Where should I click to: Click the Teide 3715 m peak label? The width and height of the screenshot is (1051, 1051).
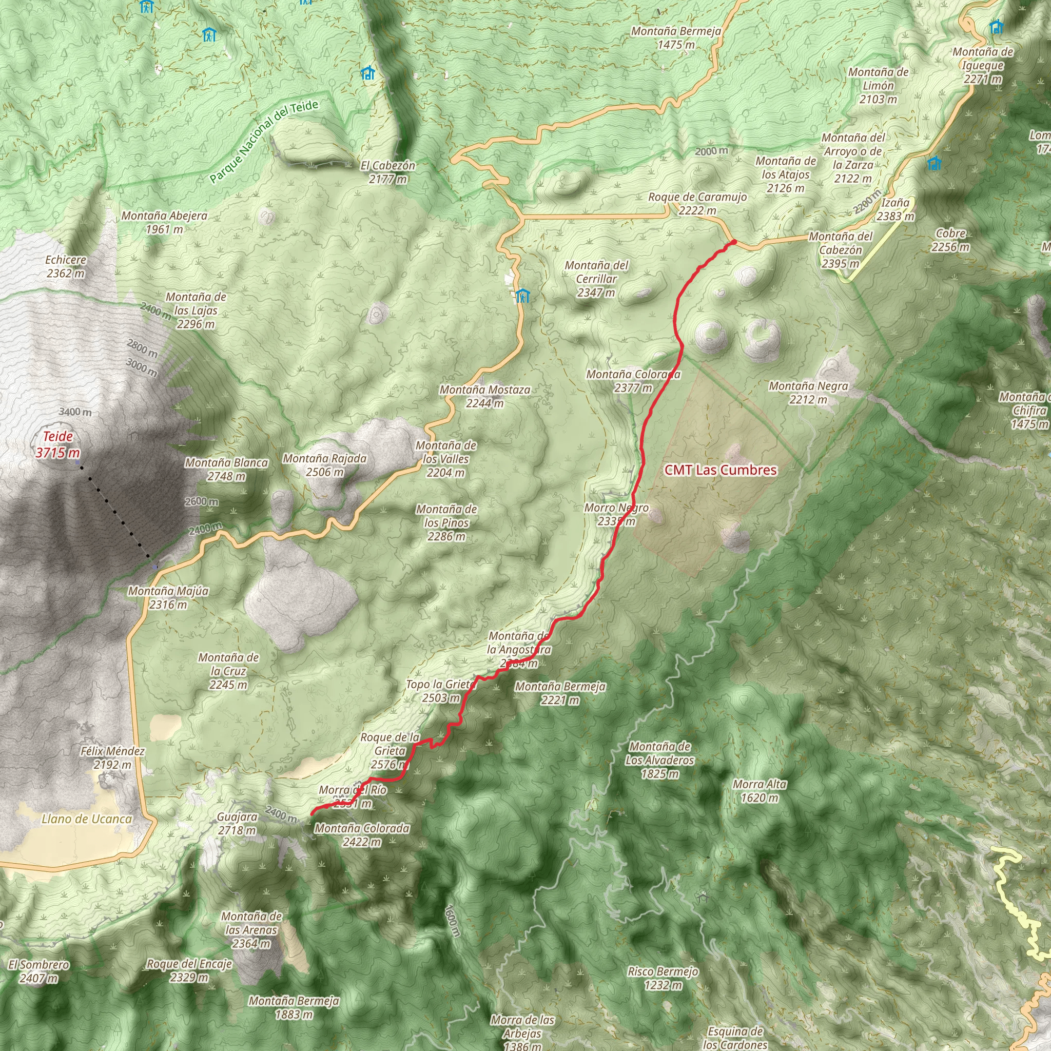[57, 444]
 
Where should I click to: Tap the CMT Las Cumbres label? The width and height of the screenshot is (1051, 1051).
[720, 470]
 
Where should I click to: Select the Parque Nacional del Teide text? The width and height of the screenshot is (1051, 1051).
[264, 142]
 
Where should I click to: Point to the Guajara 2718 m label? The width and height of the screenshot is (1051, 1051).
[237, 824]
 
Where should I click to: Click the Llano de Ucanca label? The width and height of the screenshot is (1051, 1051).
[87, 819]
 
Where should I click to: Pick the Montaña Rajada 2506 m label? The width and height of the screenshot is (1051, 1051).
[324, 465]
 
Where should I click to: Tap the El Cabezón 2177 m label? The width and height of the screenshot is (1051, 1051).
[388, 172]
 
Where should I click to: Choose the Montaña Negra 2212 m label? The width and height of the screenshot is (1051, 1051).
[808, 393]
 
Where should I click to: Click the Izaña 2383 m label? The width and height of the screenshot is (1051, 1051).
[896, 209]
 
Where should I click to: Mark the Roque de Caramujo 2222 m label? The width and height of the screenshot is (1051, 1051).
[697, 203]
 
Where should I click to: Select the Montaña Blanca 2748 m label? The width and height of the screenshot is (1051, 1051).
[226, 470]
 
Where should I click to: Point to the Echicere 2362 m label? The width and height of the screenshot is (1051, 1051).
[66, 266]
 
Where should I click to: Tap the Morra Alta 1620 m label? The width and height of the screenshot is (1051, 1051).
[760, 791]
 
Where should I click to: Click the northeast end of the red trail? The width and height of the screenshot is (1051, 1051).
[733, 242]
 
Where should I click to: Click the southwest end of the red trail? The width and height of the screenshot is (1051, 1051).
[312, 814]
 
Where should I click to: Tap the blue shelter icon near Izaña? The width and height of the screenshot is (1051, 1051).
[934, 163]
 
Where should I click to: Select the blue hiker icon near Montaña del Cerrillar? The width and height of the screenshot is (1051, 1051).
[523, 296]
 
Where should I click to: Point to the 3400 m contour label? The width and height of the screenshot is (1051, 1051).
[75, 412]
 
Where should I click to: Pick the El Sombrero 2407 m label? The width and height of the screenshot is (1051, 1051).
[38, 971]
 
